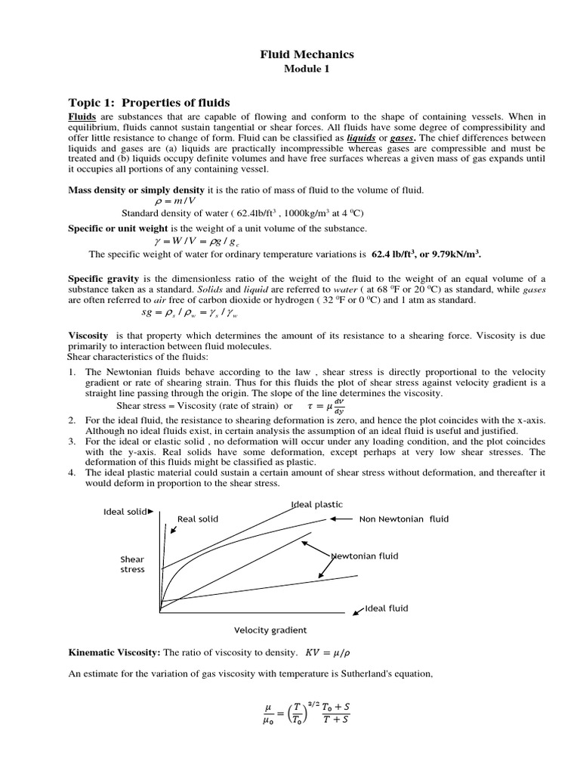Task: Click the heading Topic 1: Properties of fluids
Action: click(150, 102)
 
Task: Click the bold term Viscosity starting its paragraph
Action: click(88, 335)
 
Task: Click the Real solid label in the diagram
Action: click(198, 519)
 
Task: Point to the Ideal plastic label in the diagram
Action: click(316, 504)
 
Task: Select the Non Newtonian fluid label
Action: click(403, 519)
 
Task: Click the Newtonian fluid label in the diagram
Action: click(364, 556)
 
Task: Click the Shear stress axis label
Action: click(132, 564)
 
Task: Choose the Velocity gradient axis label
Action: click(270, 630)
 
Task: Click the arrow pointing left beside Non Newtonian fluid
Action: click(341, 519)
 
